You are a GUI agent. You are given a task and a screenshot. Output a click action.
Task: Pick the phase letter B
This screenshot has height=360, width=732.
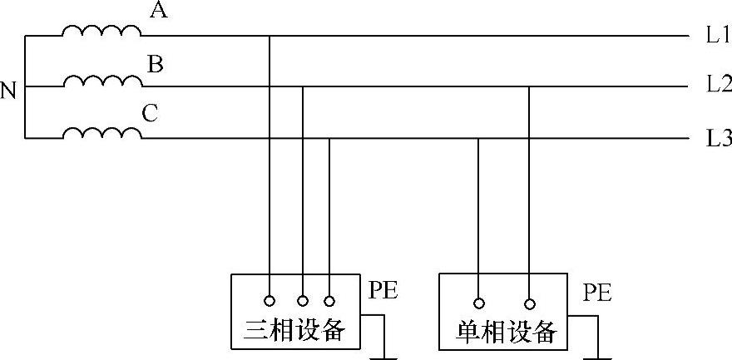click(155, 63)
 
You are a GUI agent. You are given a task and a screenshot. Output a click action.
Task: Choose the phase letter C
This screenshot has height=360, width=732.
click(150, 114)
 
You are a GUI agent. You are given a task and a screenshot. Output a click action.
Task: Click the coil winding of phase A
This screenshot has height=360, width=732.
click(101, 31)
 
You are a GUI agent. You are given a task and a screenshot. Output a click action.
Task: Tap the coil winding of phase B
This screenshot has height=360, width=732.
click(101, 81)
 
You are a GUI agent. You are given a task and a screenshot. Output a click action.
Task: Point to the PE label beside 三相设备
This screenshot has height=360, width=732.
click(383, 291)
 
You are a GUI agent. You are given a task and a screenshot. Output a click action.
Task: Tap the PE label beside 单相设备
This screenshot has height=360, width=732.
click(596, 293)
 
